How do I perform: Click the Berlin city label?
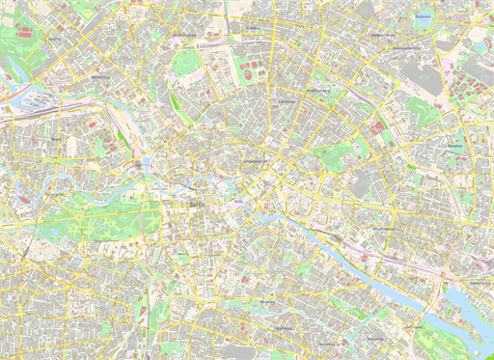pos(199,206)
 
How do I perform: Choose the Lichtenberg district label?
pos(454,146)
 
